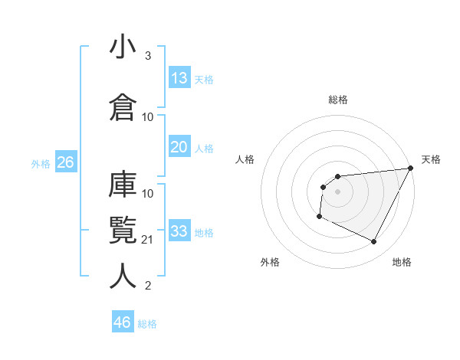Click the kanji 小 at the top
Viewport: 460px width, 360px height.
(123, 48)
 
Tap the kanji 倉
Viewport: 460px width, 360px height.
(123, 106)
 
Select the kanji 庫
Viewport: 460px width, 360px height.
(123, 185)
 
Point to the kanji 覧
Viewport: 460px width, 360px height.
(123, 229)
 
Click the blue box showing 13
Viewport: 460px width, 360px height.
(179, 77)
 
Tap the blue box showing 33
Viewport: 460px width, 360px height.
(179, 231)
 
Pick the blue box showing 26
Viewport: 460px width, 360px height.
(65, 162)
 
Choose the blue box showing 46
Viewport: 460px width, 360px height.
(123, 322)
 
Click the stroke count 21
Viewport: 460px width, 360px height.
(148, 240)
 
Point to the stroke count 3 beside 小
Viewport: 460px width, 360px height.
(148, 56)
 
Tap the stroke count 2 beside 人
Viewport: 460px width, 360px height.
(148, 286)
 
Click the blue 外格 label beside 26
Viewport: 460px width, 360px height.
(41, 163)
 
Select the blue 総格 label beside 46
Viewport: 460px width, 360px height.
(147, 324)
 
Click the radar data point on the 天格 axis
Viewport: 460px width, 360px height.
(410, 169)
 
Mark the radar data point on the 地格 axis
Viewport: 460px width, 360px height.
(374, 242)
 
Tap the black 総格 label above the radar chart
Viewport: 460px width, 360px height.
(338, 100)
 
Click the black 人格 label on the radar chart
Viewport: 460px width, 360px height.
(245, 159)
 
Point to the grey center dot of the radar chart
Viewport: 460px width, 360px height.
(337, 191)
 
